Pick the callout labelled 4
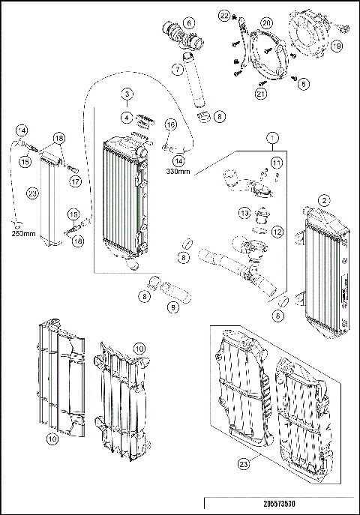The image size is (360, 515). click(x=127, y=117)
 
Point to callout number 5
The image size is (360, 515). click(x=304, y=85)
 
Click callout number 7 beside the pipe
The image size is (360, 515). click(x=177, y=69)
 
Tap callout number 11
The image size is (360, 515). click(x=276, y=163)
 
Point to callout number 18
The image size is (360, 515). click(x=58, y=138)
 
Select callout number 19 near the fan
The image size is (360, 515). click(x=337, y=46)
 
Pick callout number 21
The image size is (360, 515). click(x=262, y=94)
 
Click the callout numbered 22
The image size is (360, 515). click(x=224, y=15)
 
